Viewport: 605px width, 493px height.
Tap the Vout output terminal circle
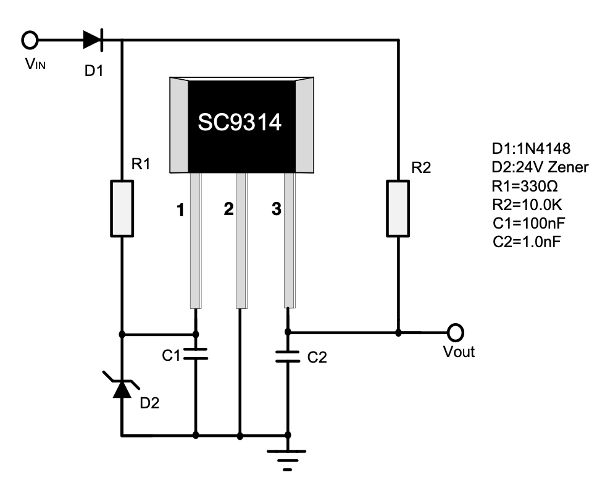tap(456, 332)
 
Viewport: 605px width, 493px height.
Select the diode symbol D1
tap(93, 40)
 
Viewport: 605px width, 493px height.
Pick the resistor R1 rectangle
tap(122, 208)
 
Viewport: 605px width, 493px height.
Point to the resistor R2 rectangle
tap(398, 208)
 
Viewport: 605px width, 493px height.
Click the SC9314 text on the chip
tap(240, 122)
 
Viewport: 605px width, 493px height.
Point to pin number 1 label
tap(181, 211)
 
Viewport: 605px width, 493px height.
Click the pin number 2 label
tap(229, 210)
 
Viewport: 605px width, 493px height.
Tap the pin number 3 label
tap(276, 210)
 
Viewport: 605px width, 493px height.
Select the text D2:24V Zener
tap(541, 168)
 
